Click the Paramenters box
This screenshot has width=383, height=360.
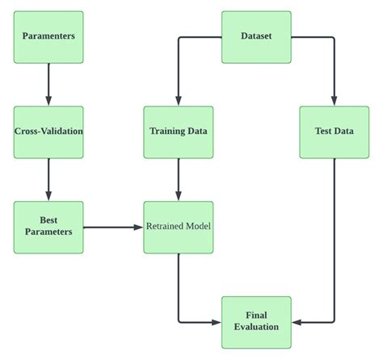pos(48,37)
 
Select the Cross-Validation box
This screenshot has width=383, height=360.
pos(48,132)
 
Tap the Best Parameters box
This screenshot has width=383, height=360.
pos(48,227)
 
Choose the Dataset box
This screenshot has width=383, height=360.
pos(256,37)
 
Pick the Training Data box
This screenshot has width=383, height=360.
pos(179,132)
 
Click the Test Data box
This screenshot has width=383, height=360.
pos(334,132)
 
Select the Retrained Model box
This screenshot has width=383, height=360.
pos(179,227)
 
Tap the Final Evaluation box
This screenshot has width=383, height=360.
pos(256,322)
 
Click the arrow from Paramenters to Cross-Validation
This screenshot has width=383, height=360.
pos(48,84)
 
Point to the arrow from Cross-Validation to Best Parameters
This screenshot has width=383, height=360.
pos(48,179)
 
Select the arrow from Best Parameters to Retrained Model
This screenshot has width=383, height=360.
pos(113,227)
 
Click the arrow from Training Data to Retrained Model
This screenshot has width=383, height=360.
pos(179,179)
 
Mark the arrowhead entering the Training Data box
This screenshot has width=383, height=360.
pos(179,100)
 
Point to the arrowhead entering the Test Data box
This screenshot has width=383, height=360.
pos(334,100)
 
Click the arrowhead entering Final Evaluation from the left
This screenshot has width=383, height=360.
pos(216,322)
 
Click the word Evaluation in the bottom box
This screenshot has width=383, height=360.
pos(256,327)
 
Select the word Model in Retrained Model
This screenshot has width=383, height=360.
pos(196,227)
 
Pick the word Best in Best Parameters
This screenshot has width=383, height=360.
pos(48,220)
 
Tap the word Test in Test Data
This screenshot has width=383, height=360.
pos(322,132)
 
